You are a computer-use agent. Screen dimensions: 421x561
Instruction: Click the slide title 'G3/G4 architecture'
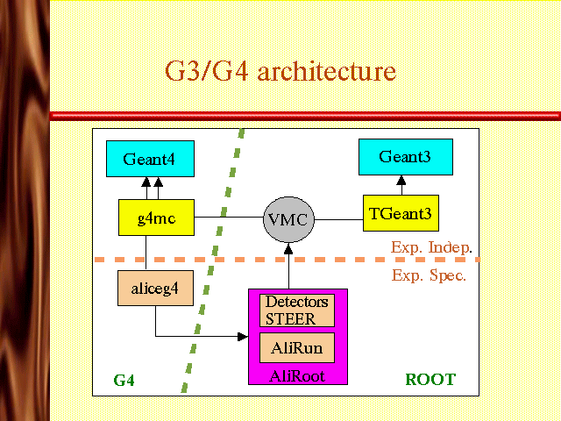(280, 70)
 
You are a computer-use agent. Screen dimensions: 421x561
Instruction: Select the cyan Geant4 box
(150, 160)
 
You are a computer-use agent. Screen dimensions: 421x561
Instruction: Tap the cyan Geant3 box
(406, 157)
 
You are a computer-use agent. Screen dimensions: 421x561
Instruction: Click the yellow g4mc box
(156, 218)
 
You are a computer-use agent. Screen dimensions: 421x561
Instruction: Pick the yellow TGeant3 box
(401, 213)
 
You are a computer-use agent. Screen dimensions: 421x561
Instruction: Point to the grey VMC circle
(288, 219)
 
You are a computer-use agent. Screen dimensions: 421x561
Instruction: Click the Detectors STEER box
(296, 310)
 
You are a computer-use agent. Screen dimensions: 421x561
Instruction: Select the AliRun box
(296, 347)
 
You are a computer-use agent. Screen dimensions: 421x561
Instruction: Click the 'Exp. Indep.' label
(431, 246)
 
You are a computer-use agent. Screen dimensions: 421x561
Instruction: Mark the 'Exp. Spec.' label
(429, 275)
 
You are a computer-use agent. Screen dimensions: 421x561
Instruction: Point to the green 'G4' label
(124, 380)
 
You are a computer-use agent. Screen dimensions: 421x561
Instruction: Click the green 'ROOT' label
(430, 380)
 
